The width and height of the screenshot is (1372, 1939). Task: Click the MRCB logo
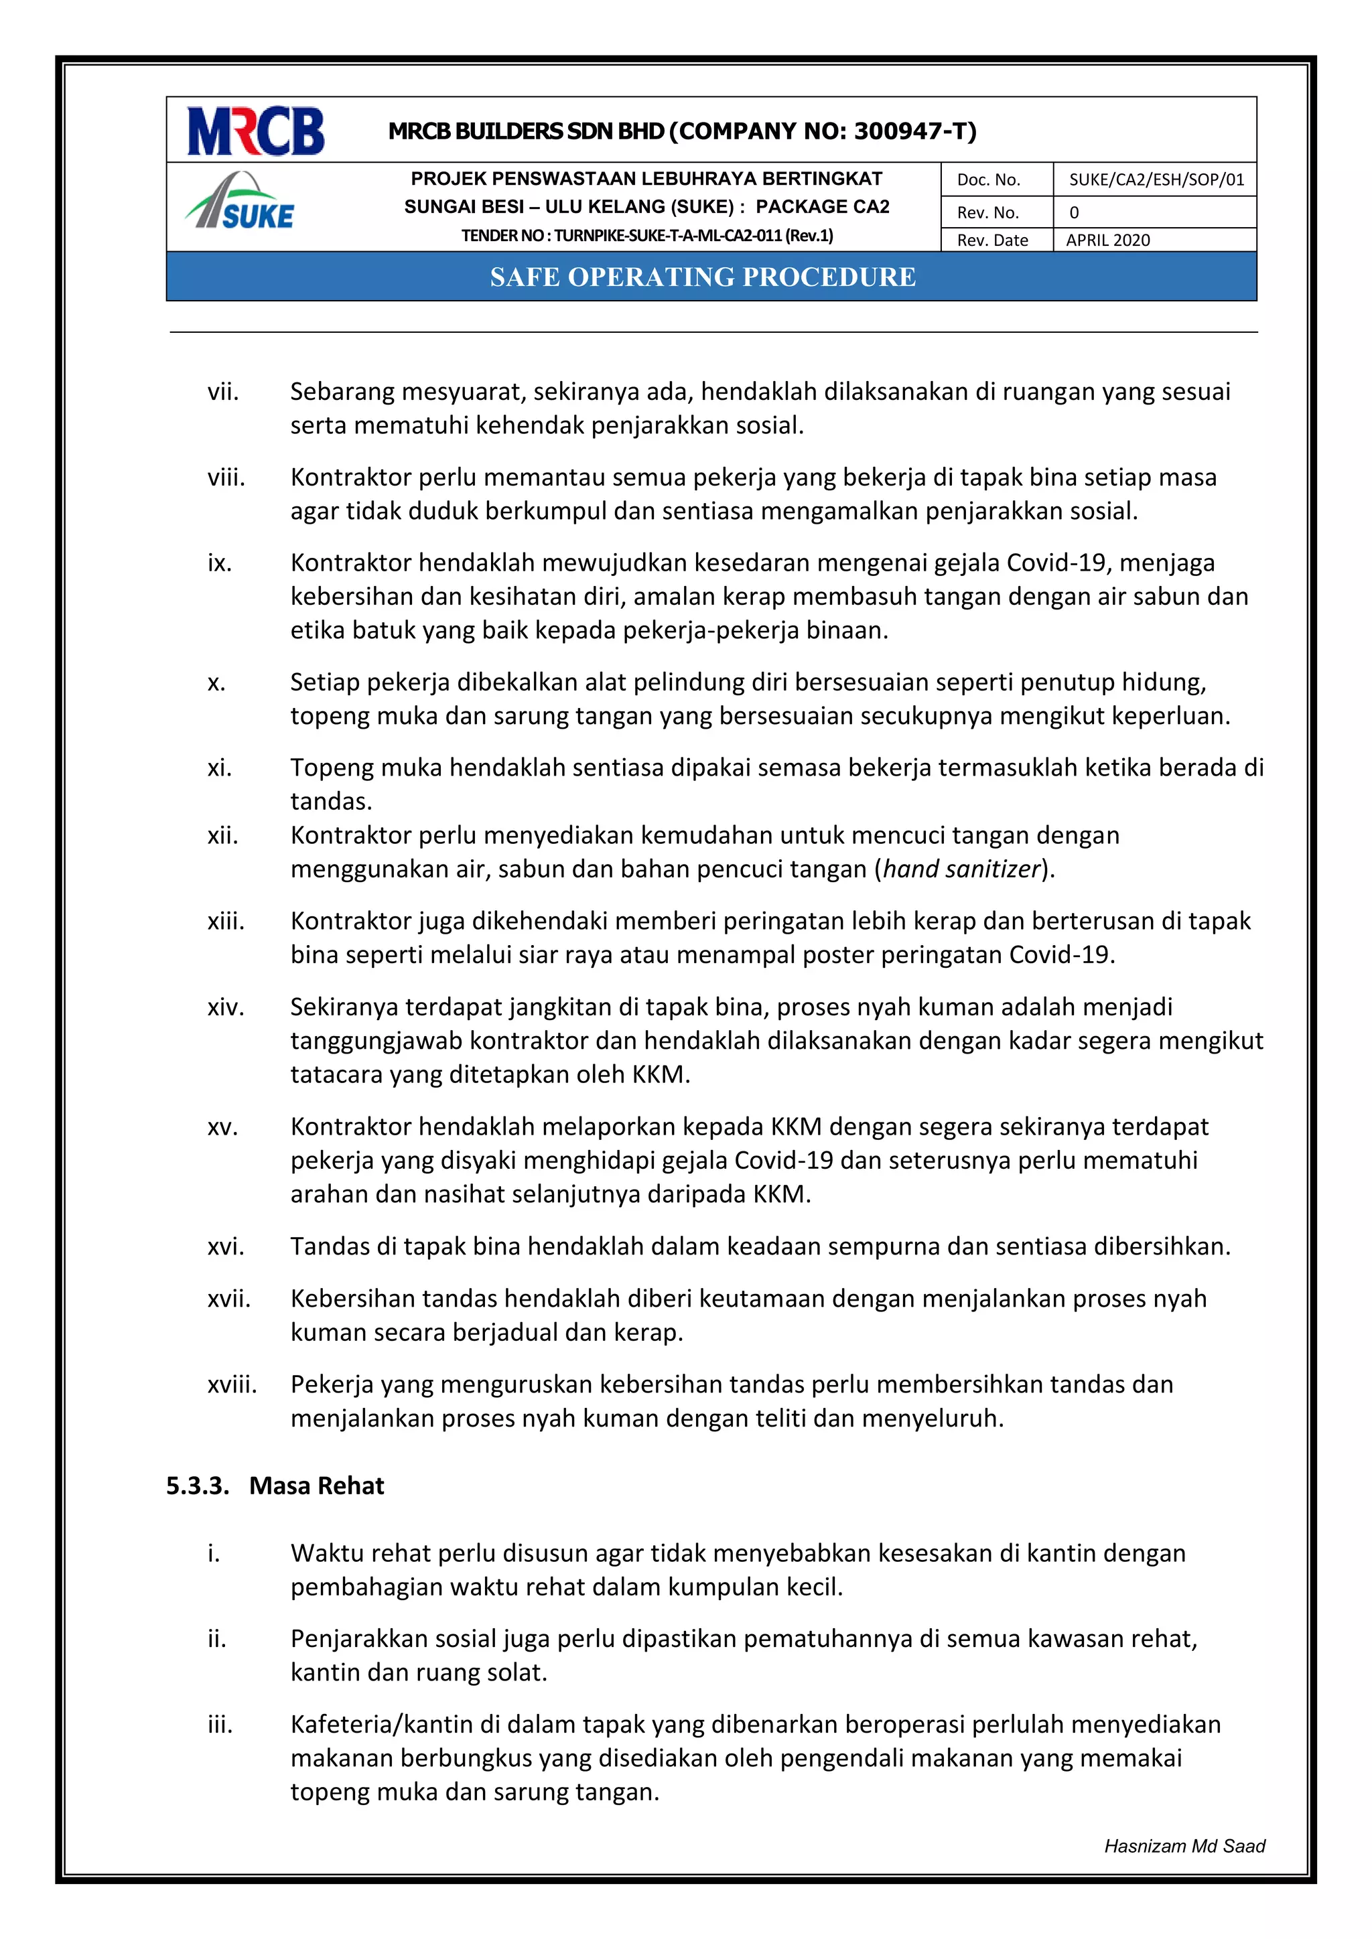(x=255, y=131)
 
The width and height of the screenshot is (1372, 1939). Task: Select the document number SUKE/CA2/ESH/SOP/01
(x=1156, y=180)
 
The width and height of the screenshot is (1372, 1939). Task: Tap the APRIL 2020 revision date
(x=1107, y=240)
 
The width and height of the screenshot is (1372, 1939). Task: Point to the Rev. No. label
(x=987, y=213)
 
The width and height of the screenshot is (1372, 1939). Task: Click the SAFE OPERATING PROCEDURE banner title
(x=702, y=277)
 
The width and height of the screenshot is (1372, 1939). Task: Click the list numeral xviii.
(x=232, y=1385)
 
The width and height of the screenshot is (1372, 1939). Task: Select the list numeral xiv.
(x=226, y=1007)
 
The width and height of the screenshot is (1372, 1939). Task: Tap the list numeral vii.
(x=223, y=392)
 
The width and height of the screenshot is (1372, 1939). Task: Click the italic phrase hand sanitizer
(x=961, y=869)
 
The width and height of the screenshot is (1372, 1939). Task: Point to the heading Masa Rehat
(x=316, y=1486)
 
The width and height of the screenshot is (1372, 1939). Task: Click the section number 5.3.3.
(x=197, y=1486)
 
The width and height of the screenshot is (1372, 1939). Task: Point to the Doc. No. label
(x=988, y=180)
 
